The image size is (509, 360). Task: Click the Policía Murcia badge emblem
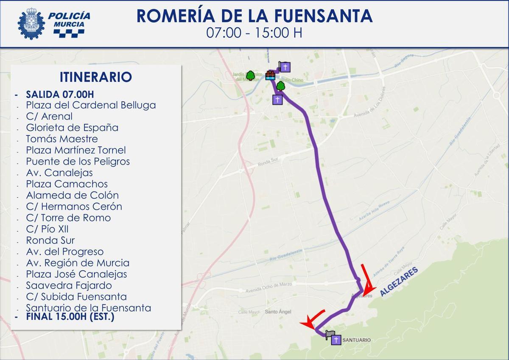coord(31,23)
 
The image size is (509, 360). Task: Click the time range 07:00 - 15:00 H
coord(254,33)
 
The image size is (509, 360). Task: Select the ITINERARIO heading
coord(96,77)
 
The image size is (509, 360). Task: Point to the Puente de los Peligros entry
coord(78,162)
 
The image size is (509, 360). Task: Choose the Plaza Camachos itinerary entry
coord(67,184)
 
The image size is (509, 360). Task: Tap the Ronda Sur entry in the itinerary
coord(50,240)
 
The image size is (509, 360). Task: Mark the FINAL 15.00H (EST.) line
coord(70,316)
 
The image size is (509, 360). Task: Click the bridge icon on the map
coord(270,75)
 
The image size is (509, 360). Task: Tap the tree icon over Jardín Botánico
coord(250,75)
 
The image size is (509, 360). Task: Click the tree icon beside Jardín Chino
coord(280,87)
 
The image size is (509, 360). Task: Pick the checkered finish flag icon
coord(330,335)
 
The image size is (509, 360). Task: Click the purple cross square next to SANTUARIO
coord(336,340)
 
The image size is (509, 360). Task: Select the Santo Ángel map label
coord(278,312)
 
